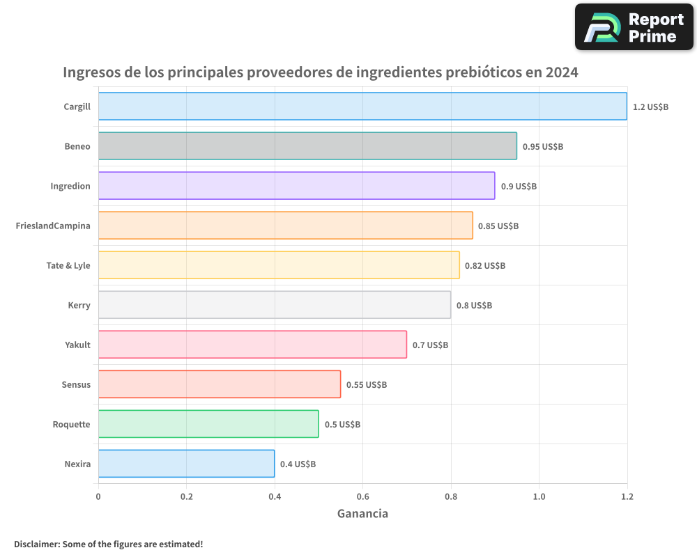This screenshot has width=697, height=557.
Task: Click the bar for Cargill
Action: (362, 107)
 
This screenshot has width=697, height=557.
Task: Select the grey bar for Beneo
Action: (307, 146)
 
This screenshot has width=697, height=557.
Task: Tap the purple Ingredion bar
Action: (296, 186)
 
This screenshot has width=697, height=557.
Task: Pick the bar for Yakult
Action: (252, 345)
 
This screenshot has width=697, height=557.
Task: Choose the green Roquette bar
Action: (208, 424)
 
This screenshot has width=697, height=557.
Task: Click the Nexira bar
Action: (186, 464)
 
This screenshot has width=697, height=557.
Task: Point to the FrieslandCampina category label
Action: (53, 226)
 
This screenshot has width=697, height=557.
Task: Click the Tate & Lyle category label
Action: (68, 265)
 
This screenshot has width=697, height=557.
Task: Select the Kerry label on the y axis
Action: (79, 305)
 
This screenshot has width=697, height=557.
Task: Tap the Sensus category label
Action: (76, 384)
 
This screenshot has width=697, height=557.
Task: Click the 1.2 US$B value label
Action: (650, 107)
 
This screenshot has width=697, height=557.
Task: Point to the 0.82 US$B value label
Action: (485, 266)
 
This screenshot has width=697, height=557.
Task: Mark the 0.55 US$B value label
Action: (367, 385)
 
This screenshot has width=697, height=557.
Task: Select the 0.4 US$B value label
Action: (298, 464)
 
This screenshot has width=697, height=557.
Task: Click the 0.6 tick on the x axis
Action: (362, 496)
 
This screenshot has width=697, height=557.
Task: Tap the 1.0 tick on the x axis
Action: (539, 496)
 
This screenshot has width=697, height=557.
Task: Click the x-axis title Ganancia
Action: (362, 514)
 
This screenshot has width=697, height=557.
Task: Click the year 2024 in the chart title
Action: (562, 72)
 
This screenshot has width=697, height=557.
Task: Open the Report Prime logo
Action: (634, 26)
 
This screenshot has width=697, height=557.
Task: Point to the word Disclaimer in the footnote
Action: (36, 544)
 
